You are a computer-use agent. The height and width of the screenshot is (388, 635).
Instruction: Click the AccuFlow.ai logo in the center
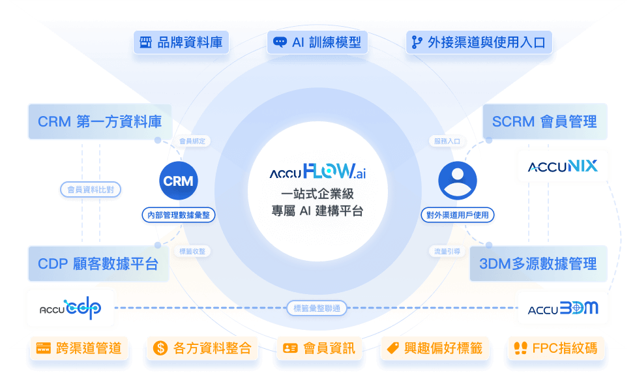pos(317,173)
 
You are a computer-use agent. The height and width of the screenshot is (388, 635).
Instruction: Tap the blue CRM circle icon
pos(178,181)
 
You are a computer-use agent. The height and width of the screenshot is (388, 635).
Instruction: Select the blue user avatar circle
pos(457,181)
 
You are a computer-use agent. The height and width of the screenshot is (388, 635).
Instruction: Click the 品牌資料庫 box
pos(181,43)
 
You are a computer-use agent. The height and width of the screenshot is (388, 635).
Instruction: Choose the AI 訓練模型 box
pos(317,43)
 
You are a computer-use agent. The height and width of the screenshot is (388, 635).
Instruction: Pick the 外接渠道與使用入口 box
pos(479,43)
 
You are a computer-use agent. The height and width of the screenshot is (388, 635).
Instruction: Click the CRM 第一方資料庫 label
pos(100,121)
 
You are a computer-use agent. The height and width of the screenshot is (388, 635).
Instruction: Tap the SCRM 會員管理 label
pos(544,121)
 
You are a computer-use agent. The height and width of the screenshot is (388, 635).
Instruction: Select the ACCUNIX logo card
pos(563,166)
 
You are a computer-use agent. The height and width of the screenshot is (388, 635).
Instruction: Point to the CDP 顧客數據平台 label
pos(98,264)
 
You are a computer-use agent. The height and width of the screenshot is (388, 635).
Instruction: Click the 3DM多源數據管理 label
pos(538,264)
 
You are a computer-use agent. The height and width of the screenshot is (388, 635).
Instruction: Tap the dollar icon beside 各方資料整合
pos(160,348)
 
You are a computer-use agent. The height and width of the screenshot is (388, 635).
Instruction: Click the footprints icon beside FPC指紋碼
pos(520,348)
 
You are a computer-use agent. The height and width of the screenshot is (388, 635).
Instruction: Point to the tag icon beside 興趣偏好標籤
pos(392,348)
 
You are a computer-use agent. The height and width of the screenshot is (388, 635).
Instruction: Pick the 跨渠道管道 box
pos(78,348)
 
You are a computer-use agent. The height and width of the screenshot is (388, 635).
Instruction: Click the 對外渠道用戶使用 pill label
pos(457,215)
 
